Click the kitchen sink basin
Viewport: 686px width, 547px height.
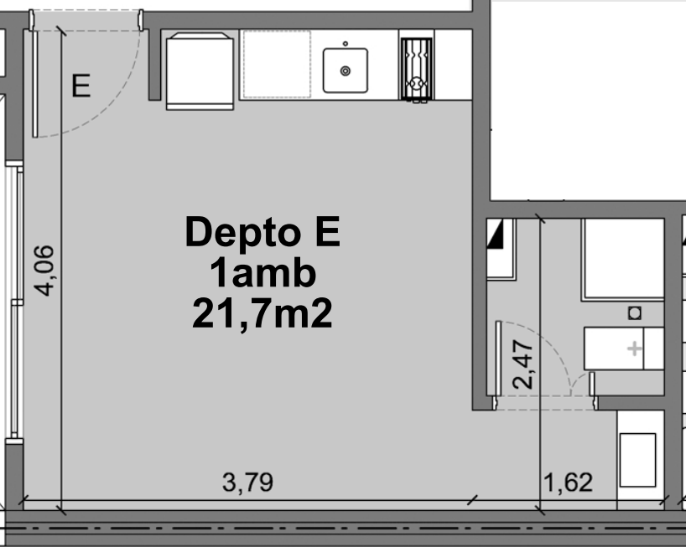346,70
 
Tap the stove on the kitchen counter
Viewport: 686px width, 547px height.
417,70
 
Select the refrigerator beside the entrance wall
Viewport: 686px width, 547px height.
200,71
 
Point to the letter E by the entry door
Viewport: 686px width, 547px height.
81,85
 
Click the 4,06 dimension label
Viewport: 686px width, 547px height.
44,271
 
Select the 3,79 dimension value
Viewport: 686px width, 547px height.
247,482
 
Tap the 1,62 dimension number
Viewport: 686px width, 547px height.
568,482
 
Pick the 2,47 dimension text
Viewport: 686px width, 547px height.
522,364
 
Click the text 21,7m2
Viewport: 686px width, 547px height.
262,313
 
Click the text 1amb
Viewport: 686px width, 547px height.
262,273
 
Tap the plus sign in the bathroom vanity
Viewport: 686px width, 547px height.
634,348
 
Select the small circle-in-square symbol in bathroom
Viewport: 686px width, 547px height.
635,312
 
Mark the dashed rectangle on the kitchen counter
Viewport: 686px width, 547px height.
277,64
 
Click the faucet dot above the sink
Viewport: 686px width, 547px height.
346,44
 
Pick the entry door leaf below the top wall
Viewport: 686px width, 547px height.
35,84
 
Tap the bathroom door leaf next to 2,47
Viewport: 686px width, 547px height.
498,359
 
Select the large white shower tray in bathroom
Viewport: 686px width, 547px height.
624,260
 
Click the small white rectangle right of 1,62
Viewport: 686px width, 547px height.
637,460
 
